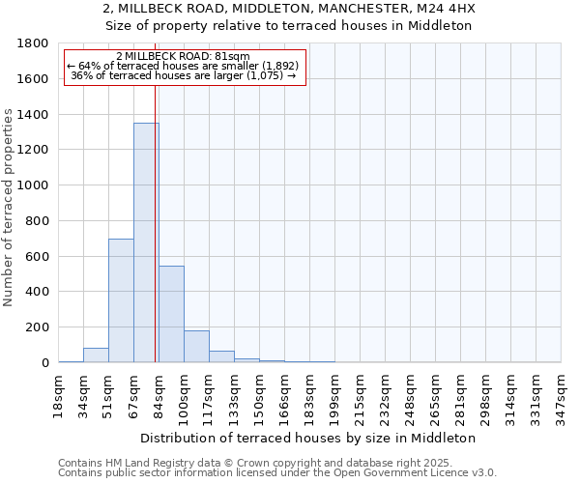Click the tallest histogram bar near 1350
click(x=146, y=242)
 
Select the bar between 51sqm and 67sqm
click(x=121, y=300)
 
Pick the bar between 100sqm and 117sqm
click(x=196, y=346)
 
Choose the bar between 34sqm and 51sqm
click(x=96, y=355)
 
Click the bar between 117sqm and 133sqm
click(x=221, y=356)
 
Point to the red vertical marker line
click(x=155, y=222)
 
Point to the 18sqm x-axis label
click(x=58, y=392)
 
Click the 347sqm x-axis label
click(x=561, y=392)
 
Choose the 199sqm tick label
click(x=334, y=392)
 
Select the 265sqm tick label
click(x=435, y=392)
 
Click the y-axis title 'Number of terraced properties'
click(x=9, y=208)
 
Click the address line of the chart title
click(x=289, y=9)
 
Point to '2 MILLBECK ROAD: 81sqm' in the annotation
click(x=183, y=57)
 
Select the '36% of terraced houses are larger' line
click(x=183, y=75)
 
